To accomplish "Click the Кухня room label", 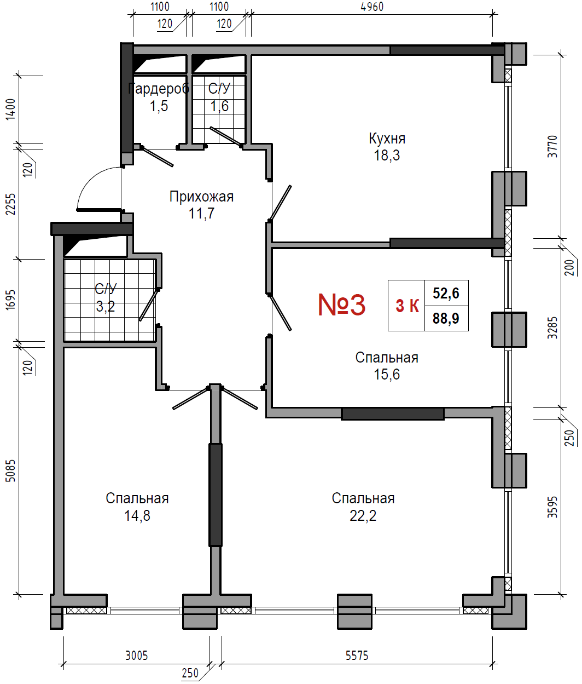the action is click(387, 139).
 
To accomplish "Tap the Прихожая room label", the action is click(201, 197).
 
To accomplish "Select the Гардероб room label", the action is click(159, 89).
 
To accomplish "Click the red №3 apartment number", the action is click(341, 305).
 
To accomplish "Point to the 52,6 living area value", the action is click(446, 293).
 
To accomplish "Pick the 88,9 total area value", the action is click(446, 318).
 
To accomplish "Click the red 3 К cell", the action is click(407, 306).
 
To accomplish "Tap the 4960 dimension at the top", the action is click(372, 7).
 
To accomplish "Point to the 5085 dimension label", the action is click(10, 470).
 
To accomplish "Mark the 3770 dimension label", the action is click(552, 146).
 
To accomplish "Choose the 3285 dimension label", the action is click(552, 328).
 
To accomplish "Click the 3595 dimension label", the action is click(552, 507).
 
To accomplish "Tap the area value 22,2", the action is click(363, 515).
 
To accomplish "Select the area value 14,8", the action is click(137, 515).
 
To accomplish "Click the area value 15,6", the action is click(387, 374).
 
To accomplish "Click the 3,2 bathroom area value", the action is click(106, 307).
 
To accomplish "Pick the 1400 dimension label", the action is click(10, 110).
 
